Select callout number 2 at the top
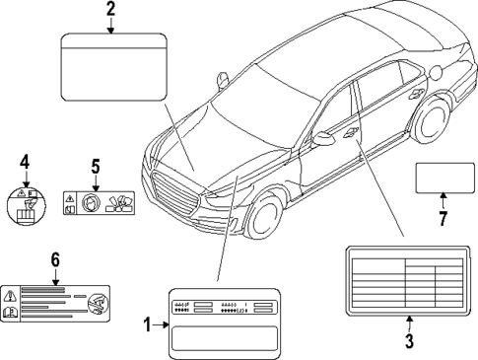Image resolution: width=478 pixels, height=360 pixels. click(x=110, y=11)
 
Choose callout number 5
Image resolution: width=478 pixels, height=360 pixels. click(x=97, y=167)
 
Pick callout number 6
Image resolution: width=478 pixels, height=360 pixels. click(x=55, y=259)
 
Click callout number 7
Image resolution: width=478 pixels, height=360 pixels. click(x=442, y=214)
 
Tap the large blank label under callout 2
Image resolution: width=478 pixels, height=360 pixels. click(x=110, y=68)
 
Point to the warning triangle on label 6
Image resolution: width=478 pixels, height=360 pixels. click(x=11, y=295)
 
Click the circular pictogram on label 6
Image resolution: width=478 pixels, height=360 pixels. click(x=97, y=304)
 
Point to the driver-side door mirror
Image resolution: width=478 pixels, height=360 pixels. click(x=324, y=138)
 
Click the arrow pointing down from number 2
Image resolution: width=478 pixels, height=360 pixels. click(x=110, y=28)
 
